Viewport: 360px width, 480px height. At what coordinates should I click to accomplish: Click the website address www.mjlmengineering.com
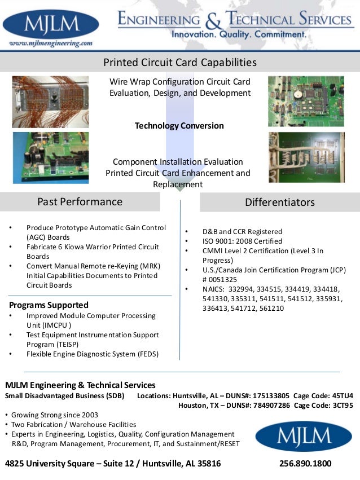51,43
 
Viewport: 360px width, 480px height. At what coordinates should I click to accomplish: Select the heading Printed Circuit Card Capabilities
179,62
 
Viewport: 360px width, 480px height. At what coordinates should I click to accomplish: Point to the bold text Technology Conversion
179,126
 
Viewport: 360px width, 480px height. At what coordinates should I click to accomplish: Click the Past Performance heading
80,201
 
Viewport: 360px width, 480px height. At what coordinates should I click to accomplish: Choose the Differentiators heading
280,202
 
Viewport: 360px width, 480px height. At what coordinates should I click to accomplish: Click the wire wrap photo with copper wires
50,102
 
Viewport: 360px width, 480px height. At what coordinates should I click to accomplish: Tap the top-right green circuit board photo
305,101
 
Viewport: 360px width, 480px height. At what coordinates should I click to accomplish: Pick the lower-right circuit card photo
305,157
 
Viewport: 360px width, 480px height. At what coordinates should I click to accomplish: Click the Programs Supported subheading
49,305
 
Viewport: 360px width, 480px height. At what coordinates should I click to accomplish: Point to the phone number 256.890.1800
305,464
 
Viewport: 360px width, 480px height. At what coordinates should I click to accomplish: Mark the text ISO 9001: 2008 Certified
242,241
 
